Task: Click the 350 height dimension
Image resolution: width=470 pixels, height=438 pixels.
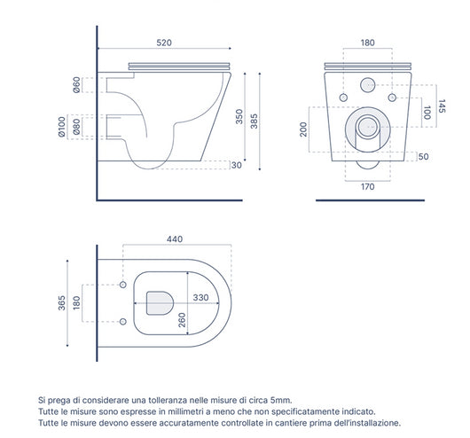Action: [239, 117]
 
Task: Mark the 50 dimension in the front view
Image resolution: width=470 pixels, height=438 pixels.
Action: [424, 157]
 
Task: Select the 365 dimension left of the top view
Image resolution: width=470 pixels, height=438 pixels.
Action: [61, 304]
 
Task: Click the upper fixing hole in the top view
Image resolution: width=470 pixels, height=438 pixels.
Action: [121, 285]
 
